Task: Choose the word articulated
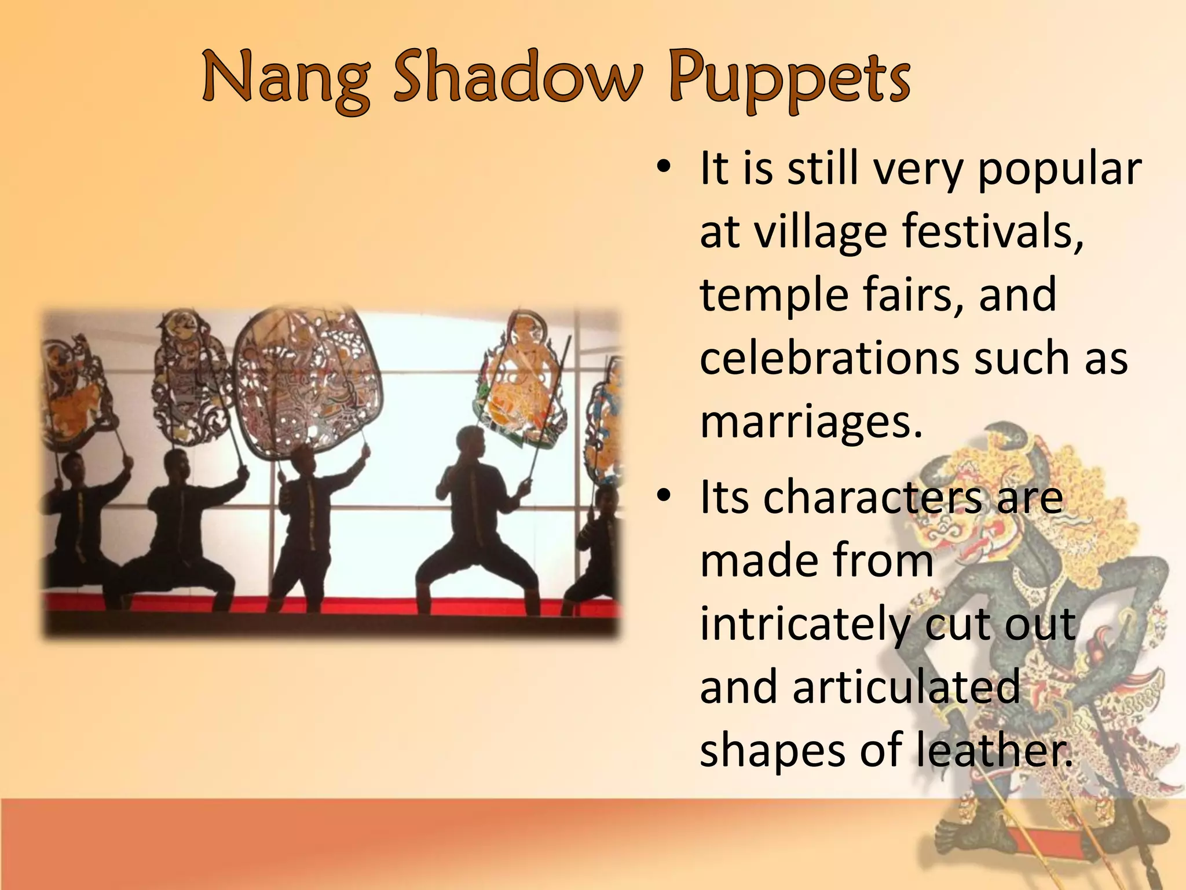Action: point(906,687)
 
